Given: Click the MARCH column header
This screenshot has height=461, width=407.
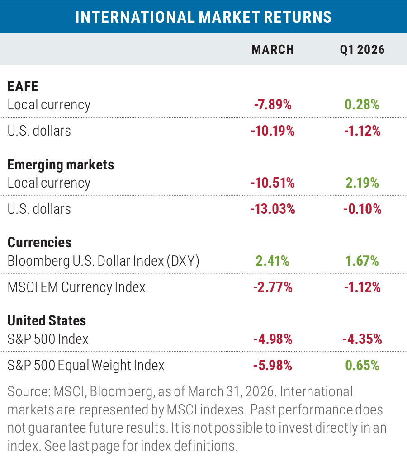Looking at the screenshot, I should coord(272,49).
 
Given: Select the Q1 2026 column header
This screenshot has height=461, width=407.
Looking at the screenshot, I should coord(362,49).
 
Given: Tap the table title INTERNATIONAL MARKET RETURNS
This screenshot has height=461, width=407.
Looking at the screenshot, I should coord(203,17).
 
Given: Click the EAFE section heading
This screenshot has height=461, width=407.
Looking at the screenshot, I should coord(22,86).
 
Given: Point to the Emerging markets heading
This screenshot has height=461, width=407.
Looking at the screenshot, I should coord(61,165).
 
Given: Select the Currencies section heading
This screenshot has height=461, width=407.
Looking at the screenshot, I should coord(39,242).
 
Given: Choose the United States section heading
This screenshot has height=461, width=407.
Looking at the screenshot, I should coord(47,320).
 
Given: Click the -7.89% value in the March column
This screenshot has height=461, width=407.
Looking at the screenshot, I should coord(272,105).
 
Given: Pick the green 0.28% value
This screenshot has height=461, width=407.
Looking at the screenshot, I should coord(362,105).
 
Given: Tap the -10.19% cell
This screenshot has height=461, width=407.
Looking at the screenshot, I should coord(272,131).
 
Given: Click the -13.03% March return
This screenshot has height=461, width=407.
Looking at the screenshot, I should coord(272,209).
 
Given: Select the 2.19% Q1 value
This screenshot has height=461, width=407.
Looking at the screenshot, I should coord(362,183).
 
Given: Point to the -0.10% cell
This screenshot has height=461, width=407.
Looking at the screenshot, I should coord(362,209).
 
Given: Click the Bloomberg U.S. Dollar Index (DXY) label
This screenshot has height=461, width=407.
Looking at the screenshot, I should coord(104,261).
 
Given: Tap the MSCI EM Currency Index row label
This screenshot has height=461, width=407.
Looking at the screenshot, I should coord(76,287).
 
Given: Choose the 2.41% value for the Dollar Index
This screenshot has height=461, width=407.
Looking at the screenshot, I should coord(272,261).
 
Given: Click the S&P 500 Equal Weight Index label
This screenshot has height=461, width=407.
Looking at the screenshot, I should coord(86,365).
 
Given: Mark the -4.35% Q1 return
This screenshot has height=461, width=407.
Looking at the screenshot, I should coord(362,339).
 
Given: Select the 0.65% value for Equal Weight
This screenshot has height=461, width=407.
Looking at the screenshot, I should coord(362,365).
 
